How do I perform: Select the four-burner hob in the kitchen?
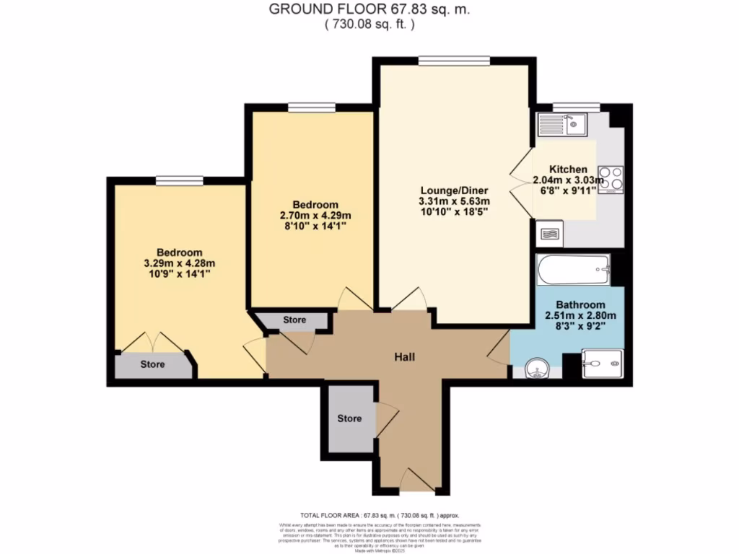(x=610, y=179)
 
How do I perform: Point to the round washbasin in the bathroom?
(x=537, y=369)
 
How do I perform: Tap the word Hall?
(x=404, y=357)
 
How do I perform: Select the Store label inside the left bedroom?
(x=152, y=364)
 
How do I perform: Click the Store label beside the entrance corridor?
(x=349, y=418)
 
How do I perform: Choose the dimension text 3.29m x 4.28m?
(x=180, y=263)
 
